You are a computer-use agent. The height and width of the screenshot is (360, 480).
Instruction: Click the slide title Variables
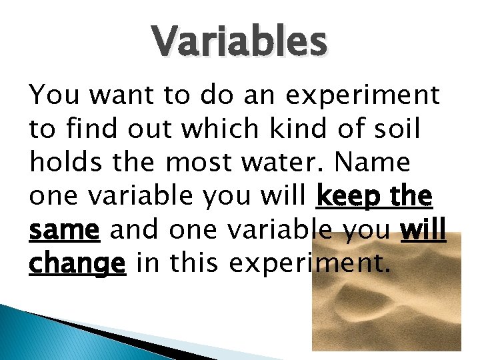240,41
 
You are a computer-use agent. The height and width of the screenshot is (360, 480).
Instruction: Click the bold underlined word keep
347,197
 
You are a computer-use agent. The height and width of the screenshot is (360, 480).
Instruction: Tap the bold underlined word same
64,231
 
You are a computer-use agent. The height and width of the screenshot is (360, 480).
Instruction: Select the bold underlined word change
77,265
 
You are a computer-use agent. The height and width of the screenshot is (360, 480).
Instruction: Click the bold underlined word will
422,231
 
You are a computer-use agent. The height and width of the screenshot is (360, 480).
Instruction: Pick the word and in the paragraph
134,231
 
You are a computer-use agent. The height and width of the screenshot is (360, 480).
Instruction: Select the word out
141,129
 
